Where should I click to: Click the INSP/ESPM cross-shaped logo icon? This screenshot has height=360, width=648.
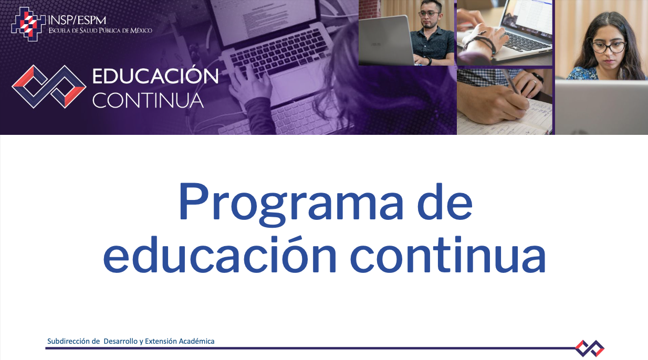click(x=28, y=24)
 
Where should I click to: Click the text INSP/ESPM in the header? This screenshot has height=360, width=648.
click(x=77, y=20)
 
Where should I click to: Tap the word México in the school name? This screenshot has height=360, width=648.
click(x=141, y=30)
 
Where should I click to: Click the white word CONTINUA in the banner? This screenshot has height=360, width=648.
click(x=148, y=100)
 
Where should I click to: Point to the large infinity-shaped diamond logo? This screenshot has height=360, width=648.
click(x=49, y=87)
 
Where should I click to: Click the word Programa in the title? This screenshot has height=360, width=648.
click(x=291, y=203)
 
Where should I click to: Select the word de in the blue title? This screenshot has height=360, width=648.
click(x=445, y=201)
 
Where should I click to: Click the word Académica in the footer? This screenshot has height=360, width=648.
click(x=197, y=341)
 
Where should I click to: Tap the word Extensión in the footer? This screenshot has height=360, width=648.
click(x=161, y=341)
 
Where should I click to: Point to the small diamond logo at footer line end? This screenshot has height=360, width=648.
click(x=590, y=348)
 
